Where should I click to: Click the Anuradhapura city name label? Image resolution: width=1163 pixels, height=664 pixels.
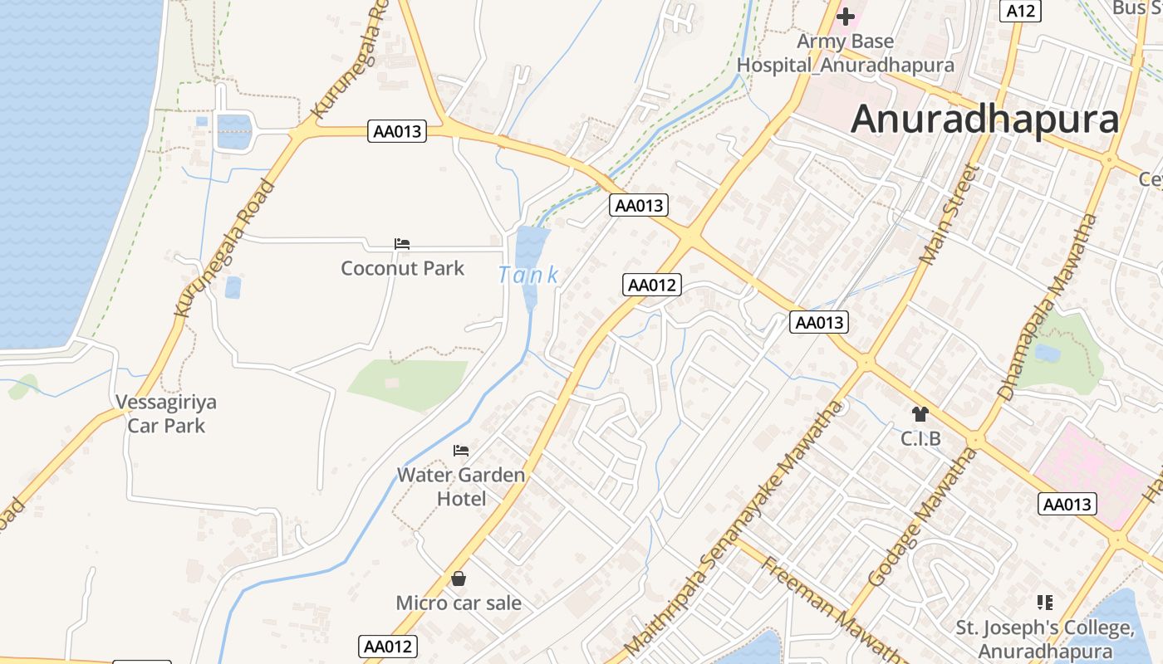(x=985, y=120)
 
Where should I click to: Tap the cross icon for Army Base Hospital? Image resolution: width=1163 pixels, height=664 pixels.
(x=846, y=16)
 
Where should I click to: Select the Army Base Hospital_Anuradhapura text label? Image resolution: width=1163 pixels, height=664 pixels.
(x=846, y=53)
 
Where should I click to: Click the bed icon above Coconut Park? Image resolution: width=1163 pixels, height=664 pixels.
(x=402, y=244)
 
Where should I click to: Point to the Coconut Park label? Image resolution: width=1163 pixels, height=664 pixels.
(x=403, y=268)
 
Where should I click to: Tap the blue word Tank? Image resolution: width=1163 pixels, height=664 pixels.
(x=528, y=275)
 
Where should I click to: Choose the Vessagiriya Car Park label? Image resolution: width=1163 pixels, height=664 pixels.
(x=166, y=414)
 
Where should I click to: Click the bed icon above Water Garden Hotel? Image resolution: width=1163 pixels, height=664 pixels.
(x=461, y=451)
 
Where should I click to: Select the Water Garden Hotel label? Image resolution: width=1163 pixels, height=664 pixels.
(x=461, y=486)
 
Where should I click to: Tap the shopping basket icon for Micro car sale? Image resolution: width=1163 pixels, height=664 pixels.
(x=459, y=579)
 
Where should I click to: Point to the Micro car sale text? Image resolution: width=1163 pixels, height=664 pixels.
(x=459, y=603)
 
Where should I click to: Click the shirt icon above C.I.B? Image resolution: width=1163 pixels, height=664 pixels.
(x=920, y=413)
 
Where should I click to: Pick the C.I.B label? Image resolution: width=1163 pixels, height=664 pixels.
(x=920, y=437)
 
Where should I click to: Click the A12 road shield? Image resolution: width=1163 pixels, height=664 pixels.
(x=1020, y=11)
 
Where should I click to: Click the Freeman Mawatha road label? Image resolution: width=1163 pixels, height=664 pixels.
(x=831, y=610)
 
